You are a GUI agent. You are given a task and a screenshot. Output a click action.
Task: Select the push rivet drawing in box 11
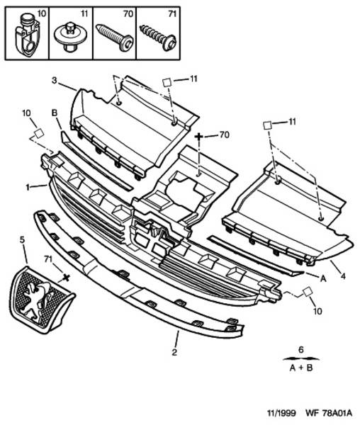69,37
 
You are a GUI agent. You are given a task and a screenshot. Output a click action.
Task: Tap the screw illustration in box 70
114,38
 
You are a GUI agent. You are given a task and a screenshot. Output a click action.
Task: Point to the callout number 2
174,352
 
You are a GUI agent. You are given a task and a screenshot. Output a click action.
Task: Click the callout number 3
55,81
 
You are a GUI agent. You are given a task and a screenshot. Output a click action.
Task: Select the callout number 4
343,276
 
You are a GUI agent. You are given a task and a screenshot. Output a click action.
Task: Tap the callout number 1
28,187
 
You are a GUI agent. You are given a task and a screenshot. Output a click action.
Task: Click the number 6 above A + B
301,350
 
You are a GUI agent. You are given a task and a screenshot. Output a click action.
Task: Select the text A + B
301,368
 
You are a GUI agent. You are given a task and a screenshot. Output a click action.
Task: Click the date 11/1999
281,413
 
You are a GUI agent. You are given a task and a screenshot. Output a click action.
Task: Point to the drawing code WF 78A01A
329,413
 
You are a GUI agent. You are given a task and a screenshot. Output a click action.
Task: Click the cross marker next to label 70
198,136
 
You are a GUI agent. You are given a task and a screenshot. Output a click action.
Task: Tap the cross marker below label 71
66,277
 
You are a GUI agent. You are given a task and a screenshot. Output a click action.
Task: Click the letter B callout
55,113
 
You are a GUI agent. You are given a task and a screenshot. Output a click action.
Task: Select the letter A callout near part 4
323,278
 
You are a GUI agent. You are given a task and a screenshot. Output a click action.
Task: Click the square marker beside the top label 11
167,82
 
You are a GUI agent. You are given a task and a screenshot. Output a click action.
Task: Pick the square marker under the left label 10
39,134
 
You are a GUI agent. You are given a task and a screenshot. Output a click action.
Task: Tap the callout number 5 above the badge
22,239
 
